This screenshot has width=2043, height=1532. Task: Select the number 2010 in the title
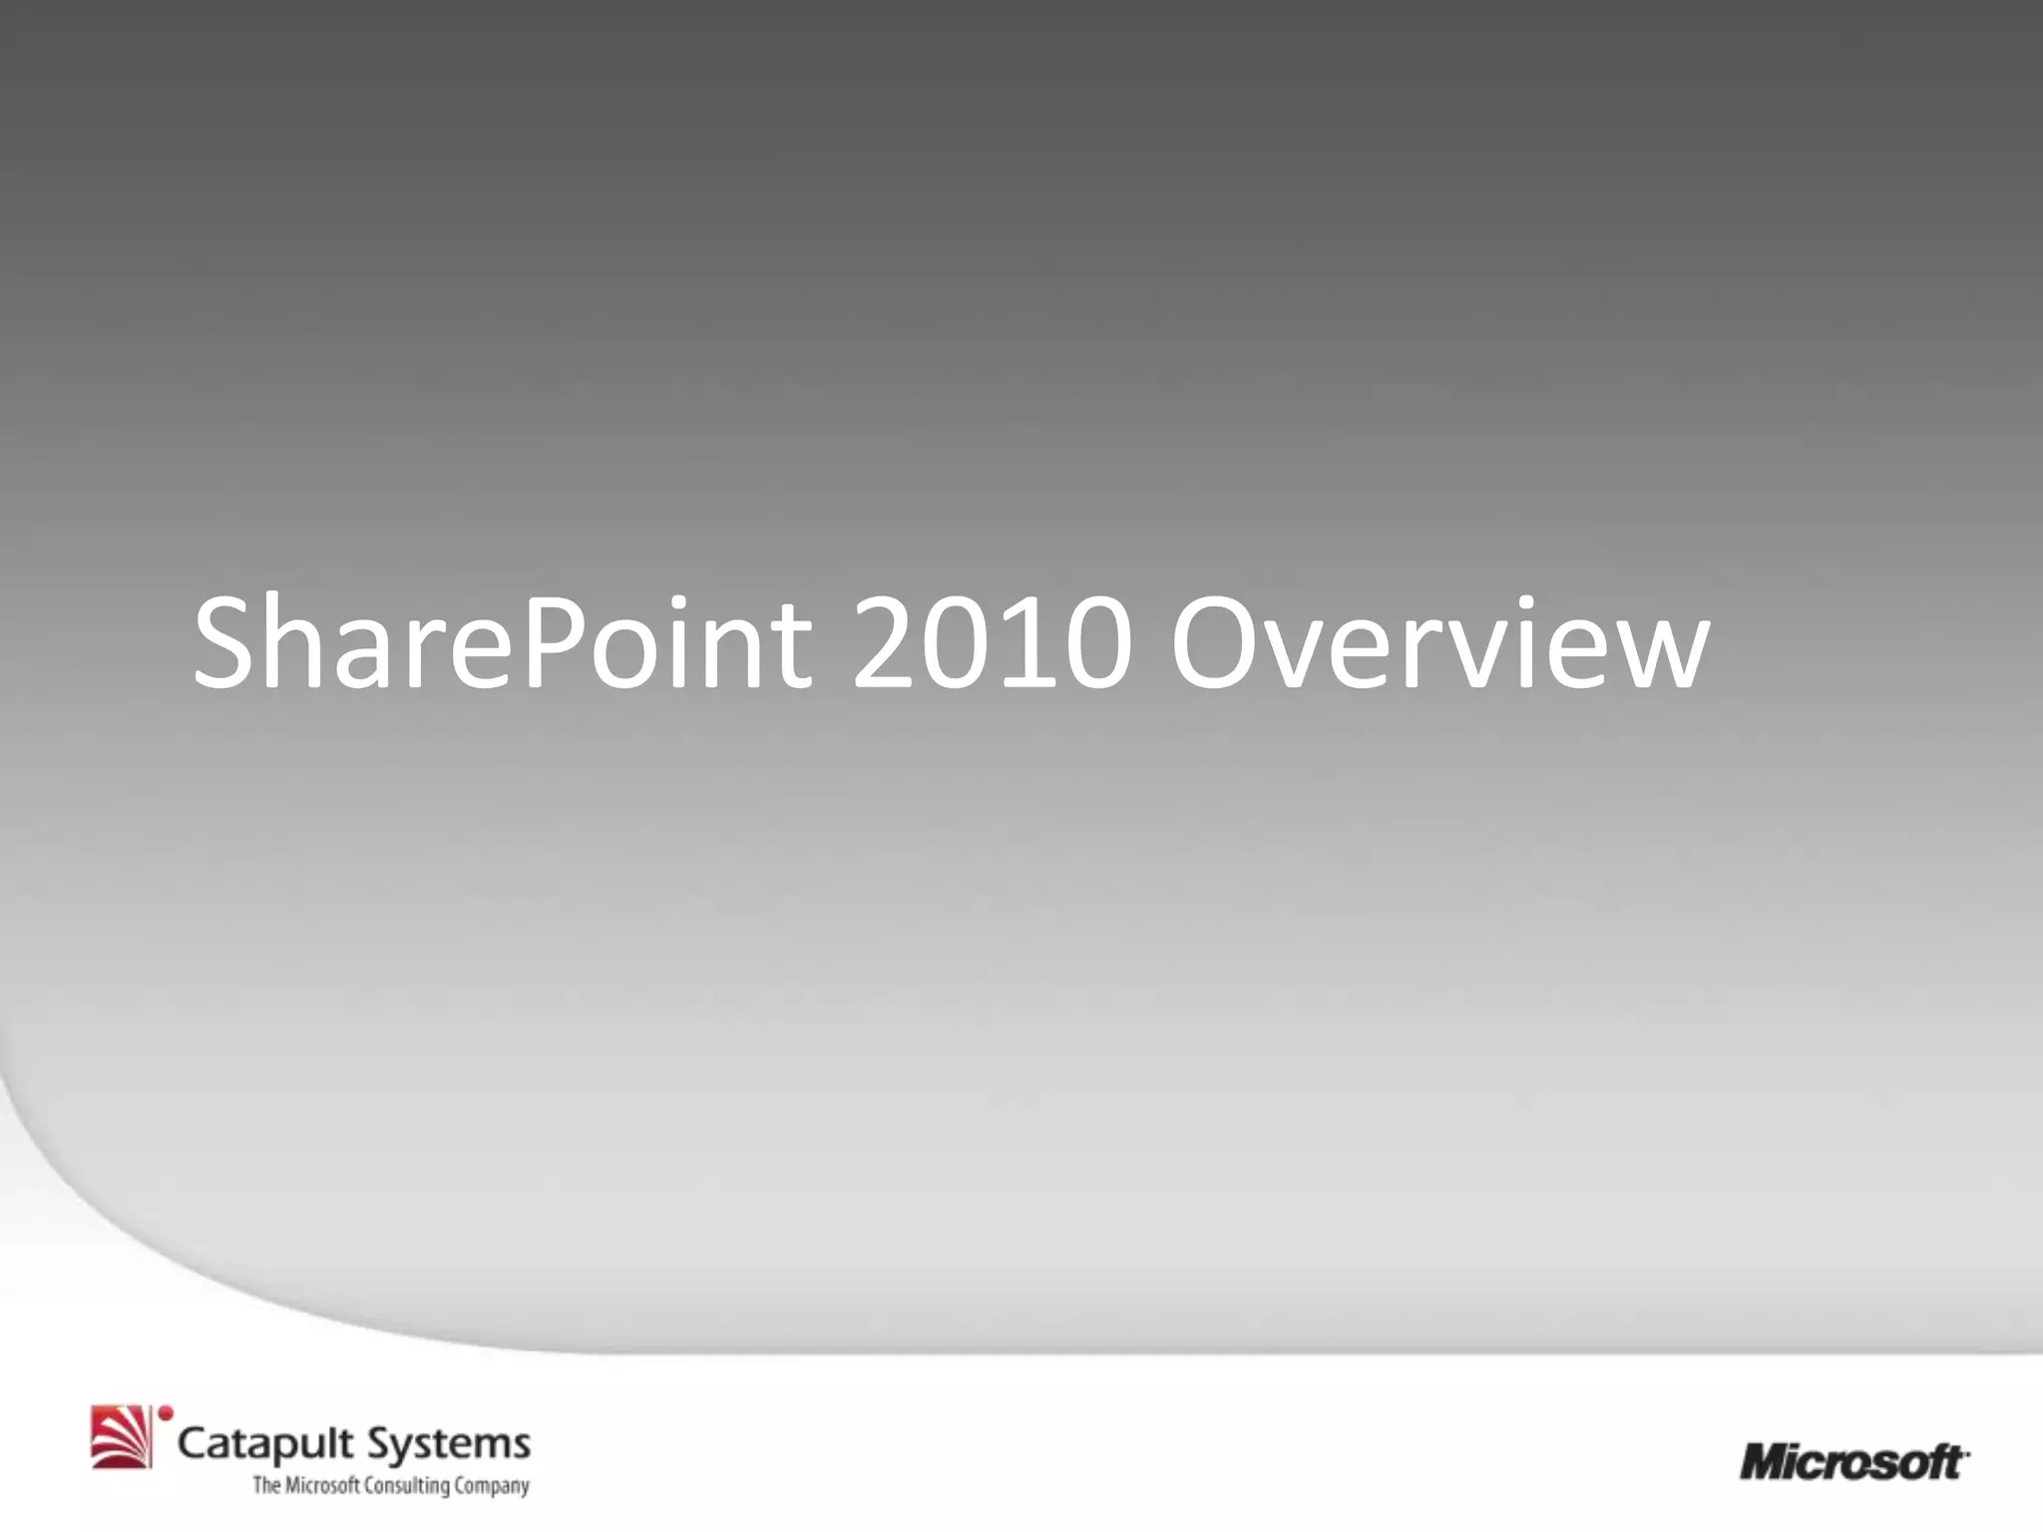click(x=992, y=643)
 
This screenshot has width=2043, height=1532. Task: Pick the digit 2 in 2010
click(x=887, y=643)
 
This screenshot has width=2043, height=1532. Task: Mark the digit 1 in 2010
click(x=1027, y=643)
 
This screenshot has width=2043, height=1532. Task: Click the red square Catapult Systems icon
click(x=121, y=1437)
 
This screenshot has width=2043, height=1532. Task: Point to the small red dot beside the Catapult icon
click(x=166, y=1413)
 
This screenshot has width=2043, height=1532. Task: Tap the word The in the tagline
click(x=266, y=1486)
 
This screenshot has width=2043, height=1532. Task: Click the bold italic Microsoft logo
click(x=1853, y=1463)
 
